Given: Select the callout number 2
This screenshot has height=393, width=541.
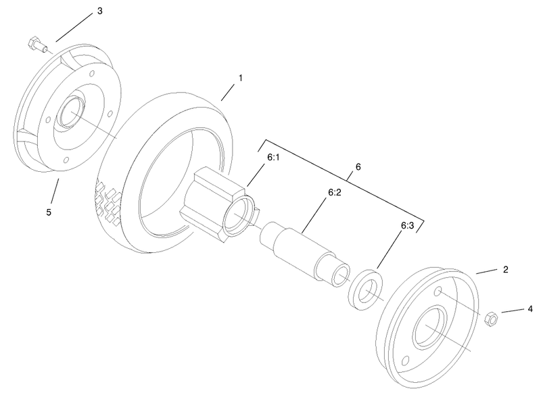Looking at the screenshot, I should pyautogui.click(x=505, y=269).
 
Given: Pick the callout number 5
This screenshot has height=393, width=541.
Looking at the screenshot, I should pyautogui.click(x=48, y=212).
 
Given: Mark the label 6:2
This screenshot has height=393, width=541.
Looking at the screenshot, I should pyautogui.click(x=335, y=193).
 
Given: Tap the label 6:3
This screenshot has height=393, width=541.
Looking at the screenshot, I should pyautogui.click(x=408, y=227).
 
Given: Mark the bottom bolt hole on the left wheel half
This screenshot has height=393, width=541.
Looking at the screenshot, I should pyautogui.click(x=62, y=160).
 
